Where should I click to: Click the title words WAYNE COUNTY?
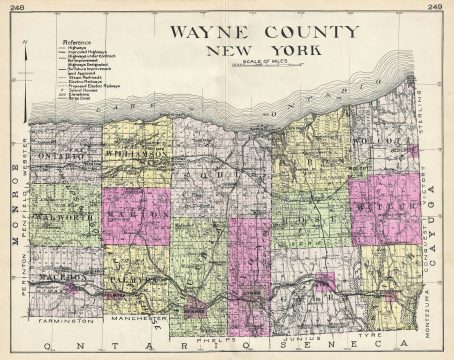(x=246, y=31)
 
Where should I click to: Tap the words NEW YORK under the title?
(x=246, y=49)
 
